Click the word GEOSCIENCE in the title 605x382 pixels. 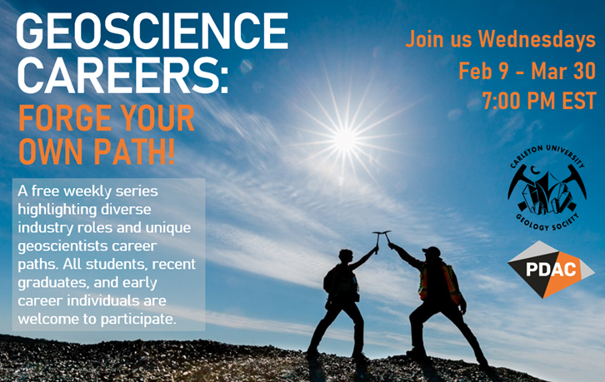[x=152, y=32]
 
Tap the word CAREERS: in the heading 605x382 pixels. [x=123, y=75]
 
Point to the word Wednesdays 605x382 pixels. [x=537, y=40]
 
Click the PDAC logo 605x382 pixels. [x=551, y=270]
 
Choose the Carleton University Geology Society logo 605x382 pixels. [x=547, y=188]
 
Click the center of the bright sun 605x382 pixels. [x=344, y=139]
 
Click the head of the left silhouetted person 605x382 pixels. [x=345, y=256]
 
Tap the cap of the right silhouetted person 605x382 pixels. [x=432, y=251]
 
